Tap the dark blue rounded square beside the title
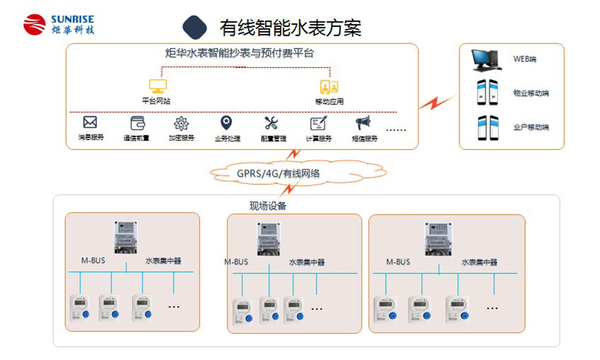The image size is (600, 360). [x=194, y=27]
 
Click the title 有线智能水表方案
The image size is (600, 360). [x=290, y=28]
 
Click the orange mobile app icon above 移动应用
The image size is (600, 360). [x=329, y=87]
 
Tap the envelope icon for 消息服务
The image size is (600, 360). [x=90, y=122]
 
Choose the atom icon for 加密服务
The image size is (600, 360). [x=181, y=123]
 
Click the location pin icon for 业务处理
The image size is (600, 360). [x=227, y=123]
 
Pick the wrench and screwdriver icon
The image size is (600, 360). [x=271, y=123]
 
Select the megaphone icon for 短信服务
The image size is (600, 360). [x=363, y=123]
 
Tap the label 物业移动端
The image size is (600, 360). [x=531, y=93]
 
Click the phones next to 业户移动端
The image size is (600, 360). [x=488, y=128]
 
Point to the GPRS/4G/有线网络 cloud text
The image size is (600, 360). [x=278, y=174]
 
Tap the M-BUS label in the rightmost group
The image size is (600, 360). [x=398, y=262]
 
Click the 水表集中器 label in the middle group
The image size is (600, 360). [x=307, y=262]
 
